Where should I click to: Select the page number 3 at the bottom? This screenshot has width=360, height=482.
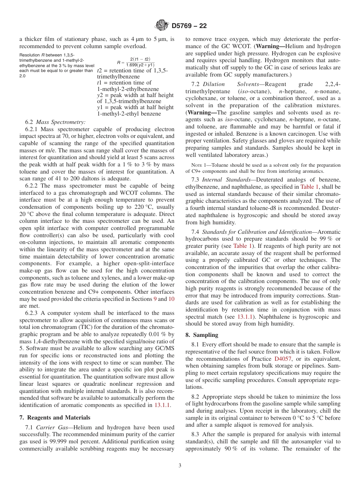180,465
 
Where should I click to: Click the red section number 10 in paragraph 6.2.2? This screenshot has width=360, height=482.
171,299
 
